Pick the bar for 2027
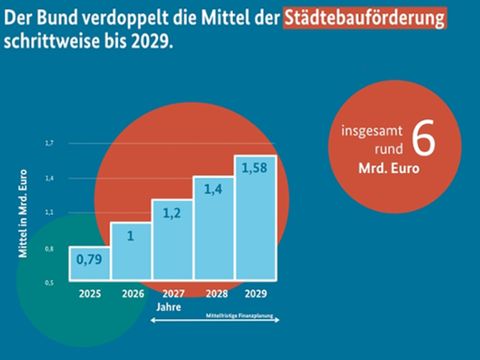pyautogui.click(x=172, y=239)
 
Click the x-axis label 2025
pyautogui.click(x=91, y=294)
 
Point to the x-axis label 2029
pyautogui.click(x=254, y=294)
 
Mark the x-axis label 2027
pyautogui.click(x=172, y=294)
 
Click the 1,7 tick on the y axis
pyautogui.click(x=48, y=143)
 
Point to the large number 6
pyautogui.click(x=423, y=141)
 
